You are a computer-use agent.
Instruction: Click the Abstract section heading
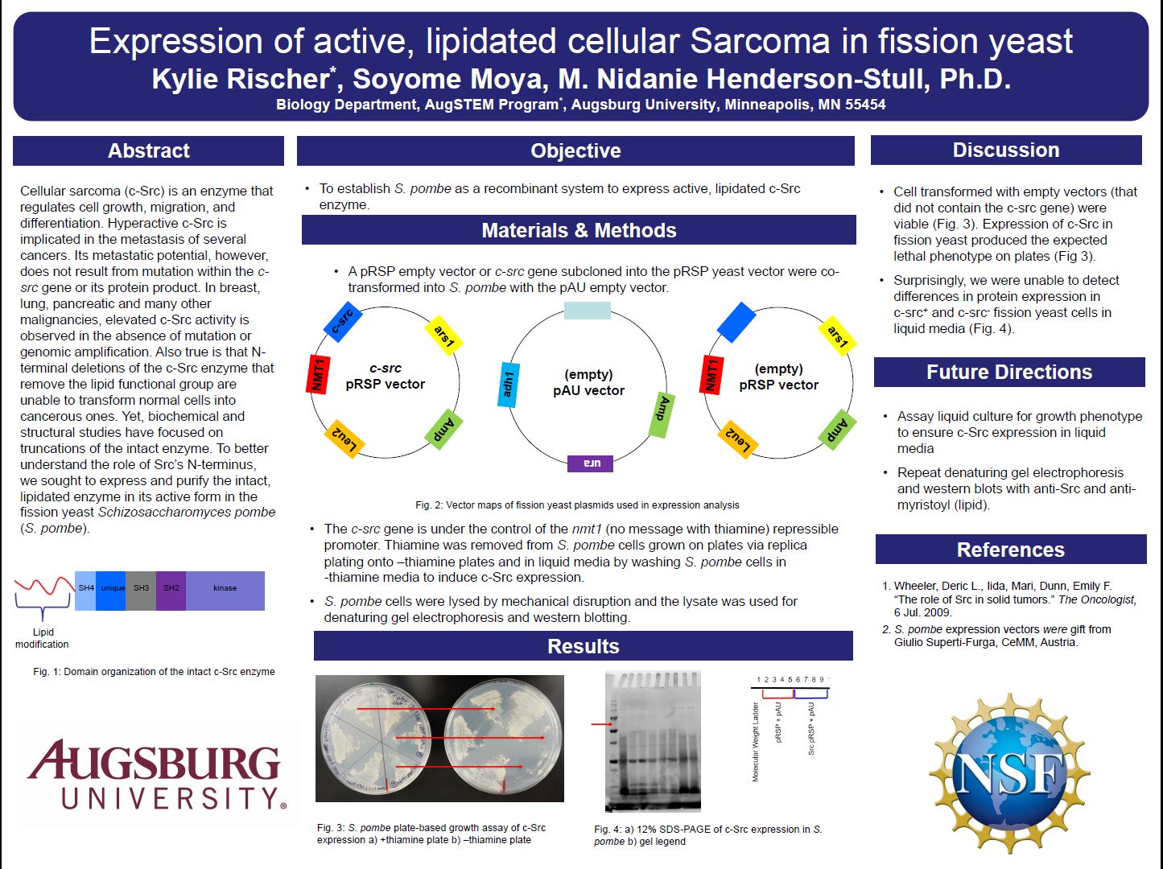(148, 151)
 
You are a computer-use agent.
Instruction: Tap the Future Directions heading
(1009, 372)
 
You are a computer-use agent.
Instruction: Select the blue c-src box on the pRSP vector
(343, 322)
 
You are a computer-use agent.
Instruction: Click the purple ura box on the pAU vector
(590, 463)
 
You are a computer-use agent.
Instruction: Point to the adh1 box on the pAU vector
(508, 385)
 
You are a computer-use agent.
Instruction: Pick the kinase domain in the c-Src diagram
(225, 591)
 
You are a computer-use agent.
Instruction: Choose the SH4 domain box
(85, 591)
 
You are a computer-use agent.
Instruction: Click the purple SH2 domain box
(171, 591)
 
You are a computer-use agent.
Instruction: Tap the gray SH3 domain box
(141, 591)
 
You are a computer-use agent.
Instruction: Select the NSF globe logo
(1009, 773)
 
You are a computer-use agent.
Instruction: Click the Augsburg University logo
(155, 774)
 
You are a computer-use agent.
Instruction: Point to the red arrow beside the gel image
(601, 724)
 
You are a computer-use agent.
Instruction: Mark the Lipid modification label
(43, 638)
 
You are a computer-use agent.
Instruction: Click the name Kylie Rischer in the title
(241, 79)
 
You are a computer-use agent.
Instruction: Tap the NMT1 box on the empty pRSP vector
(711, 374)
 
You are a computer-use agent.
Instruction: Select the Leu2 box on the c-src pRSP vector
(344, 439)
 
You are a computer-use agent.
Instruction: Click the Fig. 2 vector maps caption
(577, 505)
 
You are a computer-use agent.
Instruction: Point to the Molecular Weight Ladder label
(756, 742)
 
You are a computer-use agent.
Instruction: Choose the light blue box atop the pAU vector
(587, 311)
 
